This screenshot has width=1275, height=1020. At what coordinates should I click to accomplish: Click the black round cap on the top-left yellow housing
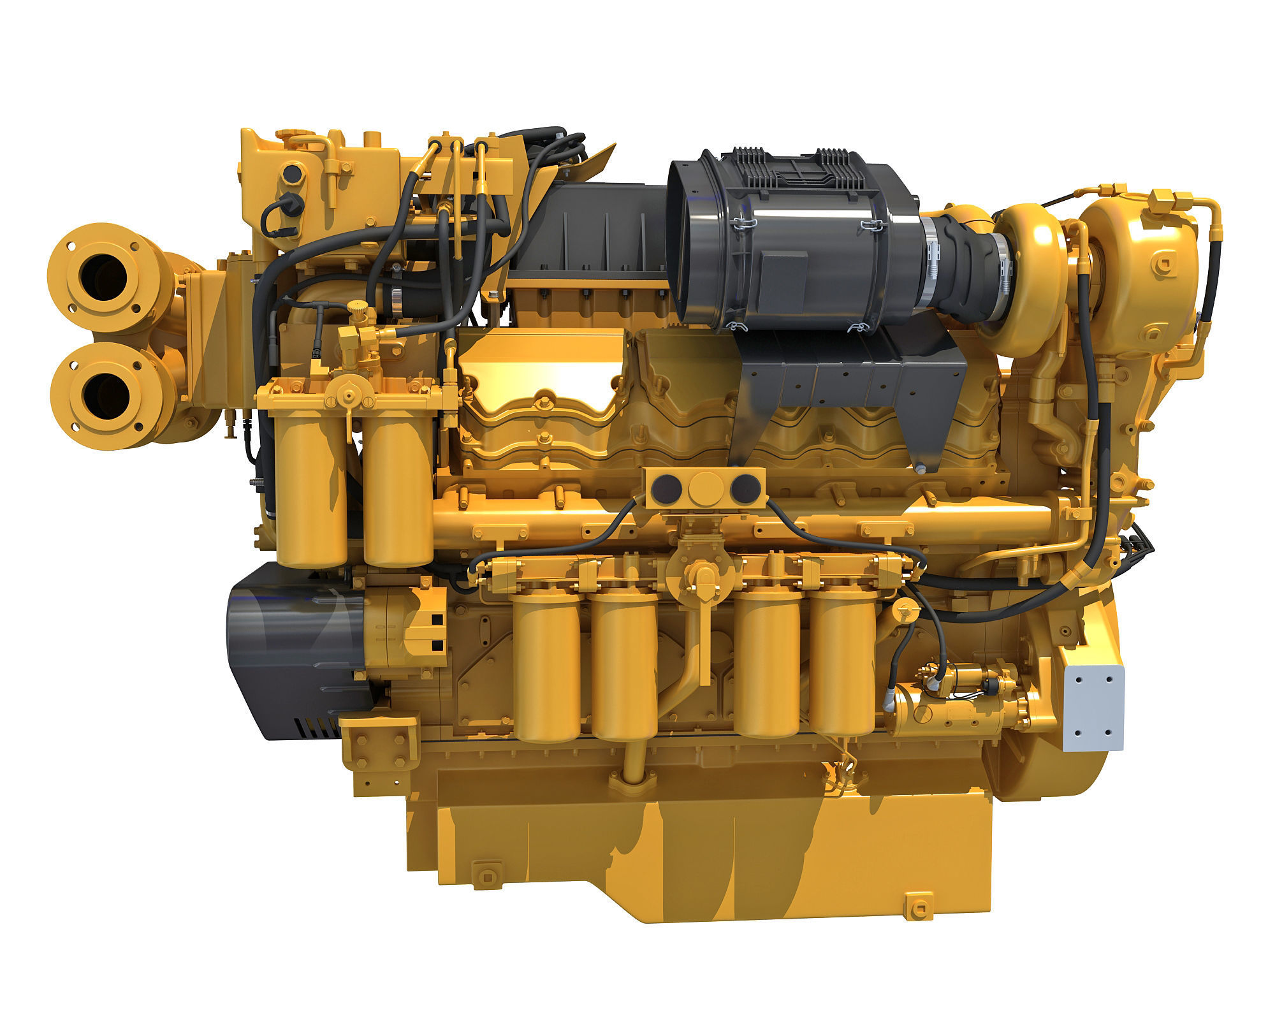tap(294, 172)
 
